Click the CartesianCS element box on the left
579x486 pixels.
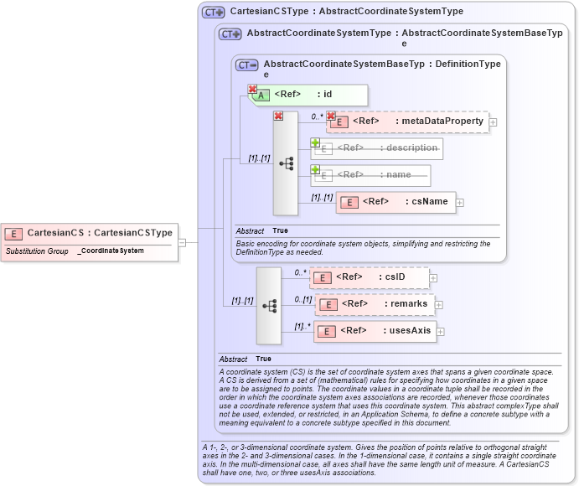click(90, 233)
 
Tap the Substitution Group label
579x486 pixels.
click(37, 251)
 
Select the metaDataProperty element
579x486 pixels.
click(407, 121)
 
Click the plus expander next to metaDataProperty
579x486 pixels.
click(493, 122)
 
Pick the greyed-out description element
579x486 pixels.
click(377, 148)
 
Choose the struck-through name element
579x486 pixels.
click(371, 175)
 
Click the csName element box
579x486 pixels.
click(395, 202)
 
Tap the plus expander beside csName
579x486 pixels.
click(460, 203)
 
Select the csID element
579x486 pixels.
click(370, 277)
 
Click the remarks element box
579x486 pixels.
click(374, 304)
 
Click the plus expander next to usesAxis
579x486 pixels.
click(441, 332)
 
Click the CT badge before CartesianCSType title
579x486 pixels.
click(213, 13)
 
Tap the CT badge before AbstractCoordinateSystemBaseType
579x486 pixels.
click(246, 65)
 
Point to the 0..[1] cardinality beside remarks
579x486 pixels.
click(302, 299)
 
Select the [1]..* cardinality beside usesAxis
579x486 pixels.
click(302, 326)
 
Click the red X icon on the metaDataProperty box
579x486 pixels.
click(331, 116)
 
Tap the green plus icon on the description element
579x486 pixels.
click(316, 142)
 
